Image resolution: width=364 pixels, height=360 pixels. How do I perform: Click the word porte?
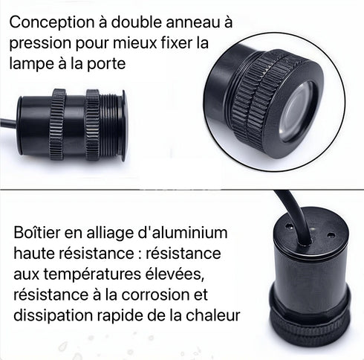[120, 64]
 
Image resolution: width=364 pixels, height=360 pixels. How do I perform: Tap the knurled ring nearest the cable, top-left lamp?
[58, 125]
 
